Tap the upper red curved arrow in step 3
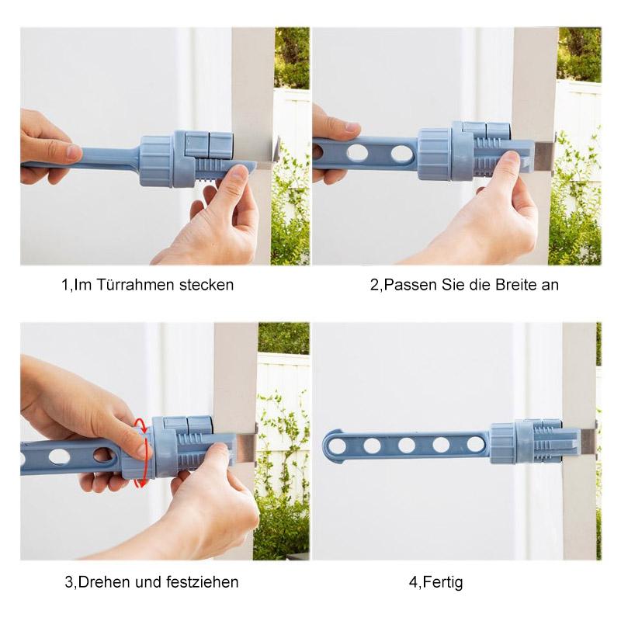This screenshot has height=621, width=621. [x=141, y=424]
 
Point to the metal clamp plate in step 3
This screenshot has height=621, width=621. [x=244, y=448]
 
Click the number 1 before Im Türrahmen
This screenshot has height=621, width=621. [x=65, y=285]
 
